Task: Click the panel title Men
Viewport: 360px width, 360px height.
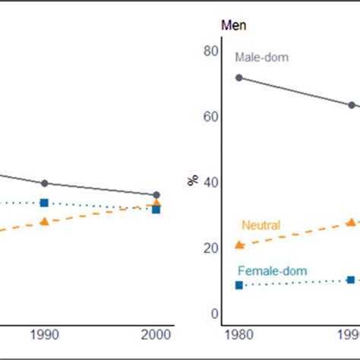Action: [233, 25]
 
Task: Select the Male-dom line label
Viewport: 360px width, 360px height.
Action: [261, 57]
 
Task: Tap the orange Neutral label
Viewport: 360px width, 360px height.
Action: [261, 225]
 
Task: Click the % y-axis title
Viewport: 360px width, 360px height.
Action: [192, 181]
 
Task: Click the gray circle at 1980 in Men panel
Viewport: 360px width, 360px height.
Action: [239, 77]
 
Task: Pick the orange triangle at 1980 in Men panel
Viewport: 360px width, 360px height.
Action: [239, 245]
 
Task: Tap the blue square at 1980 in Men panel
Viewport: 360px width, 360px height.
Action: [239, 285]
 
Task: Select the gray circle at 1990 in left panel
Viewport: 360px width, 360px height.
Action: [44, 183]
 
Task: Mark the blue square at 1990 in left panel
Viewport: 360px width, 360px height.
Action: [44, 203]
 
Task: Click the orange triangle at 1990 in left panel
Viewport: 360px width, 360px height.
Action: [44, 221]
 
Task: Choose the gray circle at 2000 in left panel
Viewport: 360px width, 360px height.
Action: [156, 195]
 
